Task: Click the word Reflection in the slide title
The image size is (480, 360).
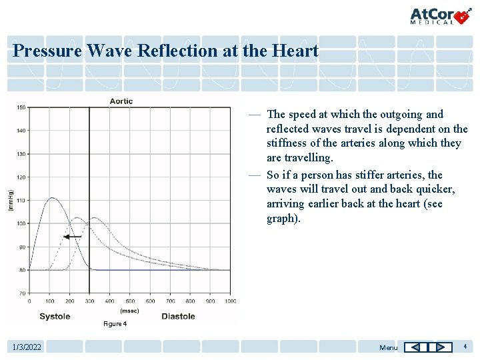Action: coord(179,51)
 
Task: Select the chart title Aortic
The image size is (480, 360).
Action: coord(121,101)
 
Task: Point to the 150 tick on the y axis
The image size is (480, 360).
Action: coord(21,107)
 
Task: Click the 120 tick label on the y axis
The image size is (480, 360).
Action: coord(21,177)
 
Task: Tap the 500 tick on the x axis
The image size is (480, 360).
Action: coord(130,301)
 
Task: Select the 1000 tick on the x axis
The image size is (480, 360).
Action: coord(229,301)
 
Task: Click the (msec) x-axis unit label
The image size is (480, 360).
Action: coord(129,310)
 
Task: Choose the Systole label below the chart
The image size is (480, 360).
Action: coord(55,317)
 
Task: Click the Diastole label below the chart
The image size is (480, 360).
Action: coord(178,317)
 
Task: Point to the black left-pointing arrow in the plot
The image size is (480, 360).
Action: coord(72,236)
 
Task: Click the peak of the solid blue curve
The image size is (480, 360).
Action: coord(51,198)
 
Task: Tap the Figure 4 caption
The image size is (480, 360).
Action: coord(114,324)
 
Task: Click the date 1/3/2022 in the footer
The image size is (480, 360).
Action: coord(27,347)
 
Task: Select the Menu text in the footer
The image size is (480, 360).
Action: coord(388,347)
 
